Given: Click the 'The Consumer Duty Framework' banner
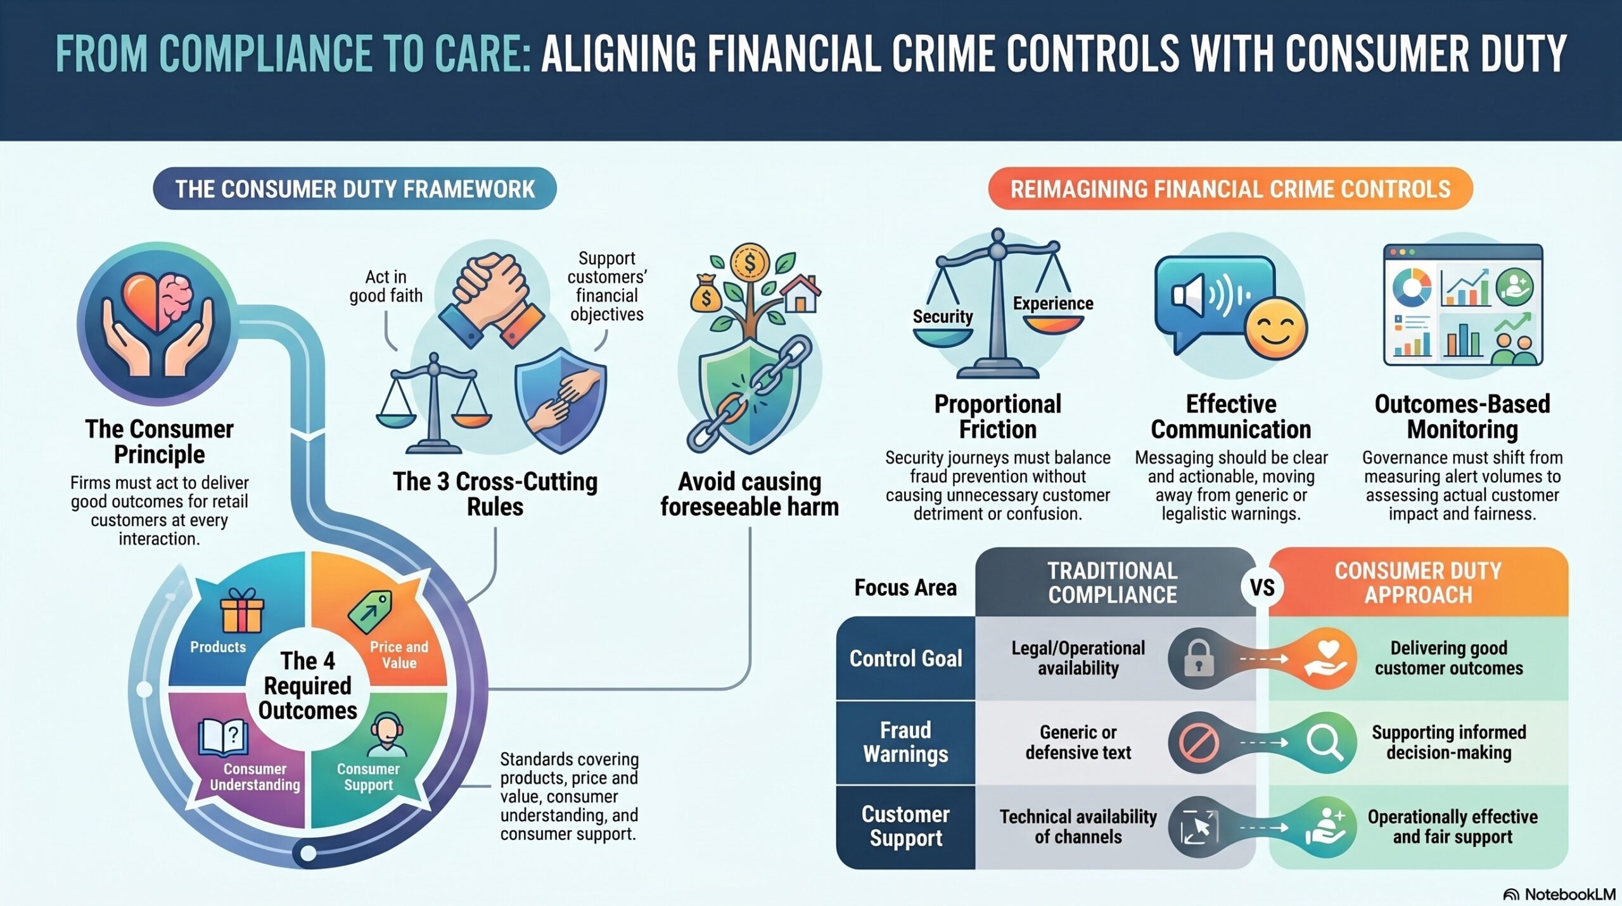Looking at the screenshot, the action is (355, 189).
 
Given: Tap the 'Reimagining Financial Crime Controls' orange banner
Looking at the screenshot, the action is (1230, 189).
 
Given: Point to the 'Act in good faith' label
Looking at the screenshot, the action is (386, 287).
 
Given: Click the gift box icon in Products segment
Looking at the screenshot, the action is (241, 611).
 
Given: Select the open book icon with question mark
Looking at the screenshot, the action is (224, 737).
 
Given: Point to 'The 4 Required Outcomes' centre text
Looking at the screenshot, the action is (308, 686).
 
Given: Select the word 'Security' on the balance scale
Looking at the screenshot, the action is (943, 316).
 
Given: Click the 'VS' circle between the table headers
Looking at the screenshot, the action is (1262, 588).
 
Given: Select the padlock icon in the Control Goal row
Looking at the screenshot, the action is (1199, 658).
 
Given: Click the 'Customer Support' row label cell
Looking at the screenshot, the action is (905, 826).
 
